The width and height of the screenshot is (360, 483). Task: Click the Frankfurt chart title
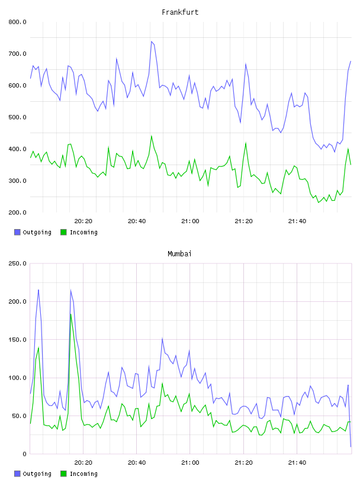pyautogui.click(x=180, y=12)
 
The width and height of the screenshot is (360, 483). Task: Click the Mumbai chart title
pyautogui.click(x=179, y=253)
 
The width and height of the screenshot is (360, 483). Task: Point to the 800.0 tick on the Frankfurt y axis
pyautogui.click(x=17, y=22)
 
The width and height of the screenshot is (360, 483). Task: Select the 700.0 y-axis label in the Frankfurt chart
pyautogui.click(x=17, y=54)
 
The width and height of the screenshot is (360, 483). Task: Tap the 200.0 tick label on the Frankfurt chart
pyautogui.click(x=17, y=212)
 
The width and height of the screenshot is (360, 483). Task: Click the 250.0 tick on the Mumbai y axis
pyautogui.click(x=17, y=263)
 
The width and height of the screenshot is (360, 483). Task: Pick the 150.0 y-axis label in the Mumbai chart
pyautogui.click(x=17, y=339)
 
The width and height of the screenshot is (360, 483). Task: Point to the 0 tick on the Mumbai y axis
pyautogui.click(x=24, y=454)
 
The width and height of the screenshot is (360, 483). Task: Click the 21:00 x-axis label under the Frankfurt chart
pyautogui.click(x=190, y=221)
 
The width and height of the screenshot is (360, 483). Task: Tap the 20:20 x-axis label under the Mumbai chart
pyautogui.click(x=83, y=462)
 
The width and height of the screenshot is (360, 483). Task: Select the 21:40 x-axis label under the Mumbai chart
pyautogui.click(x=297, y=462)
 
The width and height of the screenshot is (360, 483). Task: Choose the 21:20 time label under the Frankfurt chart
pyautogui.click(x=243, y=221)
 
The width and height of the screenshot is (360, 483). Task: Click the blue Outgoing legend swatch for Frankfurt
pyautogui.click(x=17, y=232)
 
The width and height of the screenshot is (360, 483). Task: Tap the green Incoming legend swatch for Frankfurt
pyautogui.click(x=63, y=232)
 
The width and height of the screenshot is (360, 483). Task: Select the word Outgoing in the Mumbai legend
pyautogui.click(x=37, y=474)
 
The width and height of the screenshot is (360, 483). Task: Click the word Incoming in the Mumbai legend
pyautogui.click(x=83, y=474)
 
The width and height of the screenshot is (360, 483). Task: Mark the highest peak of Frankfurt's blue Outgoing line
pyautogui.click(x=152, y=41)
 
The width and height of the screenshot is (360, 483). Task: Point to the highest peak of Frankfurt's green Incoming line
pyautogui.click(x=152, y=136)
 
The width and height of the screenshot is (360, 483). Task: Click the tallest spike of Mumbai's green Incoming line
pyautogui.click(x=70, y=314)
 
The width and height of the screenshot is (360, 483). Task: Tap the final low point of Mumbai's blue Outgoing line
pyautogui.click(x=351, y=446)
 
